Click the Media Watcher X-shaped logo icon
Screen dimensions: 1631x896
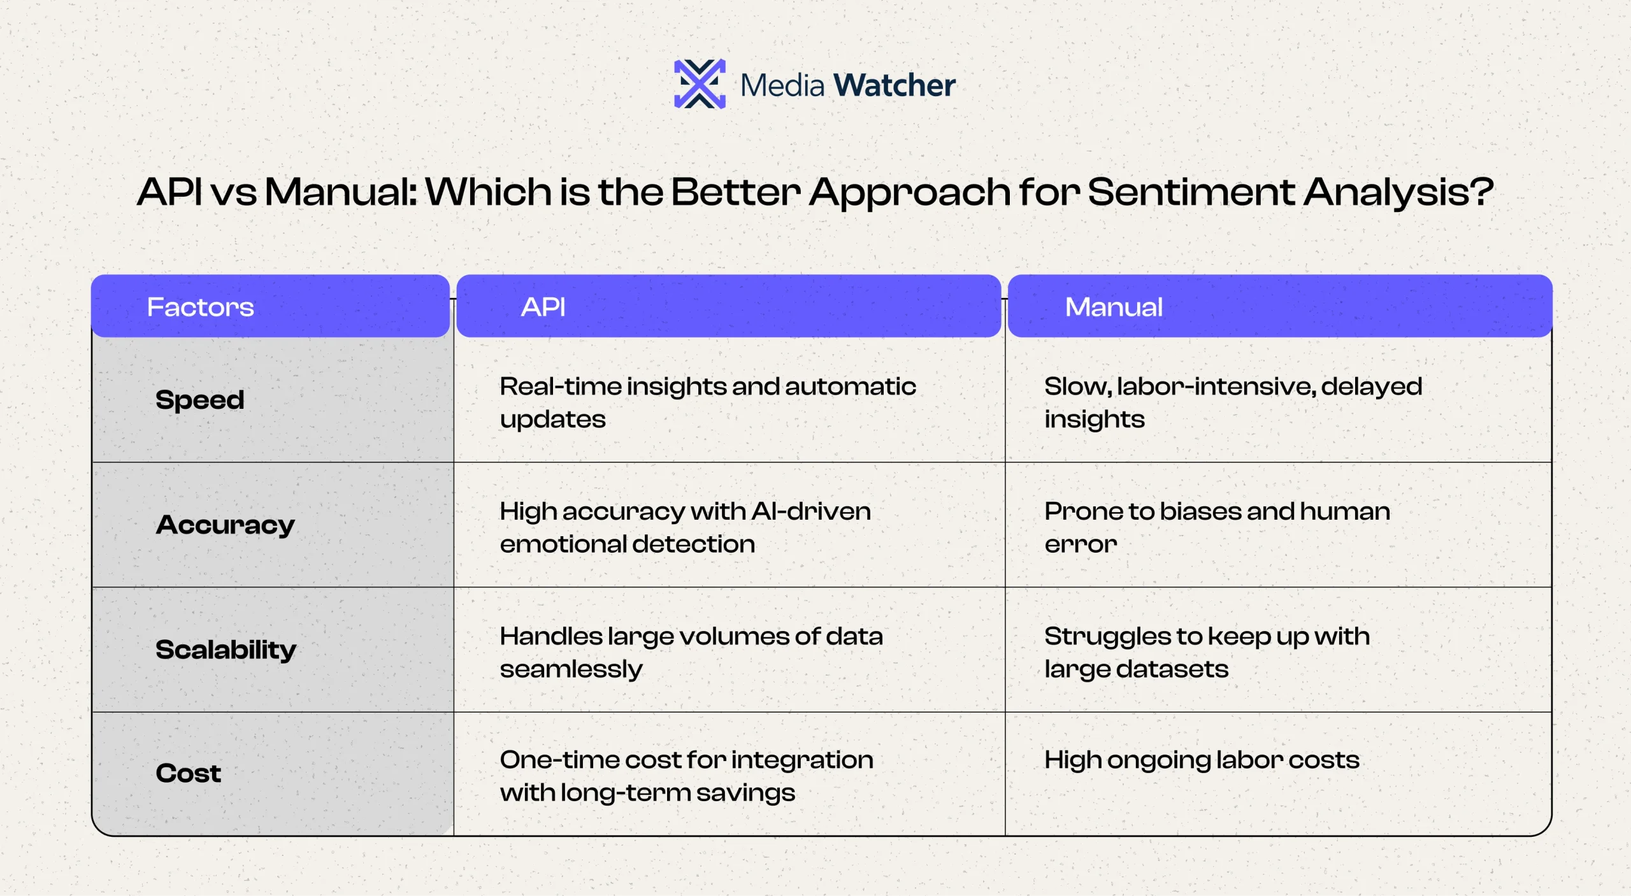click(x=700, y=84)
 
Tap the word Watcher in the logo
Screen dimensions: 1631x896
click(x=895, y=85)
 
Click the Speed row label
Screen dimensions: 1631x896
click(x=200, y=400)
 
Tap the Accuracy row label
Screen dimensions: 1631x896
click(x=226, y=525)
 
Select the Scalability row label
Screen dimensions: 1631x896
click(x=226, y=650)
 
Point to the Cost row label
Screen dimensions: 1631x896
click(x=189, y=773)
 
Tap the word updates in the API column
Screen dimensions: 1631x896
click(x=553, y=420)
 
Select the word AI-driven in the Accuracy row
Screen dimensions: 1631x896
click(x=811, y=511)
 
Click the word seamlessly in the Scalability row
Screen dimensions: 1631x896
click(x=571, y=669)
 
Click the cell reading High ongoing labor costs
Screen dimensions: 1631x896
click(x=1202, y=760)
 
